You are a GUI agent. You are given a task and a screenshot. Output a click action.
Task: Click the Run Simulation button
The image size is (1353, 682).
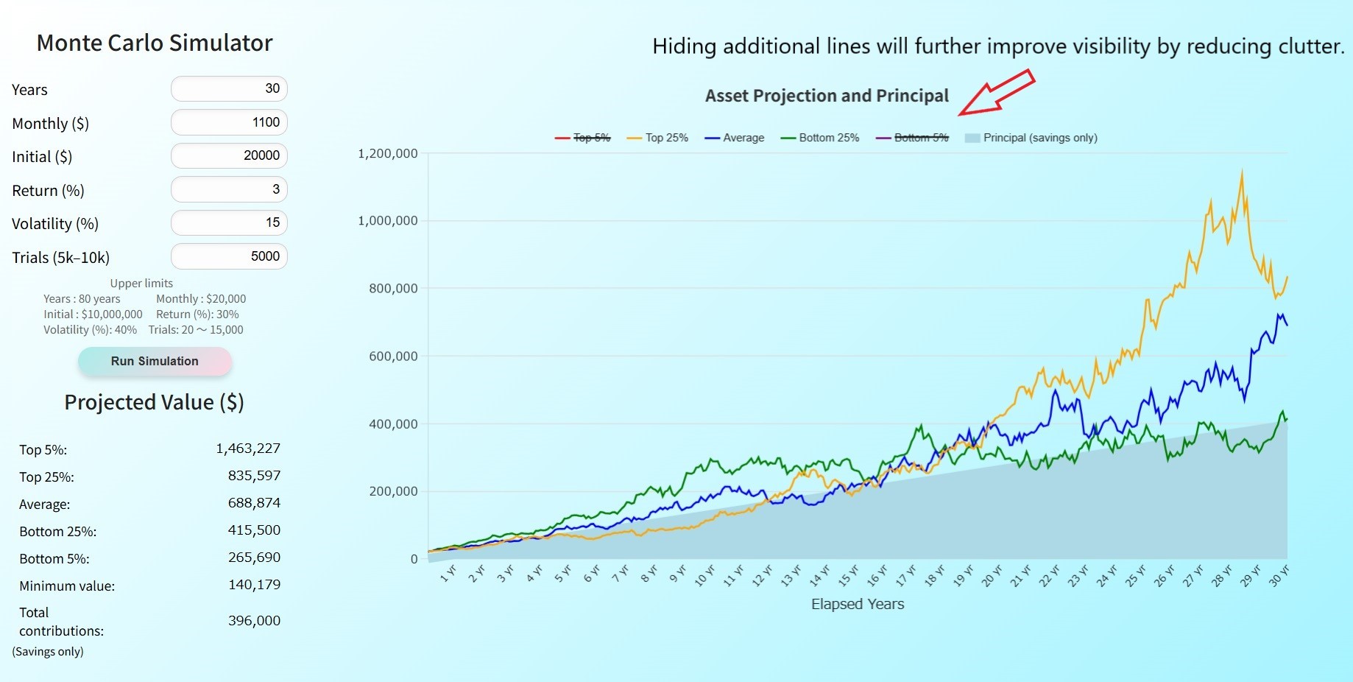(x=155, y=361)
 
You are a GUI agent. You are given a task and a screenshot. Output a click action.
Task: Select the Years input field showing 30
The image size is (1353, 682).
(x=229, y=89)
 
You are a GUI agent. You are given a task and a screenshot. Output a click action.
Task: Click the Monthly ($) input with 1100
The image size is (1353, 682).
(x=229, y=122)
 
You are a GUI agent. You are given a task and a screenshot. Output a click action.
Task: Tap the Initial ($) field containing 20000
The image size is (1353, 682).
(x=229, y=155)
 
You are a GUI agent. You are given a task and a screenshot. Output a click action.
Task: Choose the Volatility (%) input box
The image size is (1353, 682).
(x=229, y=222)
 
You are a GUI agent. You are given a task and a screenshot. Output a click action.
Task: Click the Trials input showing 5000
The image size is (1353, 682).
(x=229, y=256)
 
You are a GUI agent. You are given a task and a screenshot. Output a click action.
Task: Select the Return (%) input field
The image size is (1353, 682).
(x=229, y=189)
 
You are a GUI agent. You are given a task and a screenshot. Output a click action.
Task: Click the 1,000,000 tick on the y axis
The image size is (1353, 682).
(x=387, y=221)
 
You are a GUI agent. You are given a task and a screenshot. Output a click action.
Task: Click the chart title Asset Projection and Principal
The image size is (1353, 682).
(x=827, y=96)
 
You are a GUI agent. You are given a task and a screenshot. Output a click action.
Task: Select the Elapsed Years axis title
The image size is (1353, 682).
(x=857, y=604)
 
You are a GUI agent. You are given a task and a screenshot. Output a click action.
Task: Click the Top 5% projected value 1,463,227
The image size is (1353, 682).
(x=248, y=449)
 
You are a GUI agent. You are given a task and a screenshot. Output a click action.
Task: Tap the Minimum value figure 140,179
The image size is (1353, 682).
(x=254, y=585)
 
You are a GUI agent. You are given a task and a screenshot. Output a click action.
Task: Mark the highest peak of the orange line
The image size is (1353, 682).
(x=1242, y=173)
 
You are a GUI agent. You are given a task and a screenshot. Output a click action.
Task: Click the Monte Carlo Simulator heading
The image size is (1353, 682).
(x=155, y=43)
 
